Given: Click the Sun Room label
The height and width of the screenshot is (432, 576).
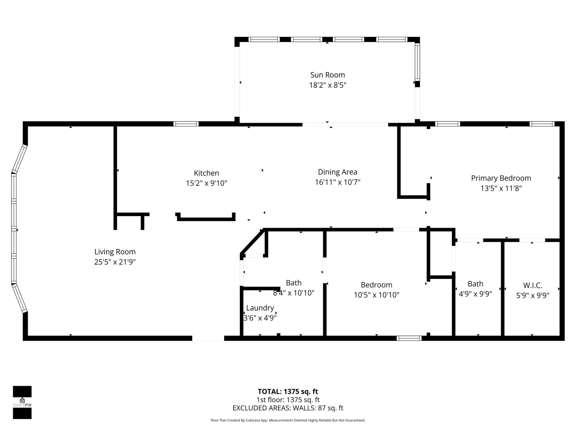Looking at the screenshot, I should (327, 75).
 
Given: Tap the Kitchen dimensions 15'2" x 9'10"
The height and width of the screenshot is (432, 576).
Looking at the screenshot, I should (206, 183).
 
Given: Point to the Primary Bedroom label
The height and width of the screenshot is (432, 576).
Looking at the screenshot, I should (501, 178).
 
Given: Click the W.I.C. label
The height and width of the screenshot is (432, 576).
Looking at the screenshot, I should (533, 285).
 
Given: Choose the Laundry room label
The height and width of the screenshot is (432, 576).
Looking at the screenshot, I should (260, 308).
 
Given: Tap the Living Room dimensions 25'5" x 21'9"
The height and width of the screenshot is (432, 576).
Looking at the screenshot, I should (115, 262).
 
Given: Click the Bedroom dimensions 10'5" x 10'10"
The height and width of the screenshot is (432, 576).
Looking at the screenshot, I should (376, 295).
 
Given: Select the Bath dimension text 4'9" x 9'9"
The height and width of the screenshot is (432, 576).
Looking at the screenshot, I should (475, 294).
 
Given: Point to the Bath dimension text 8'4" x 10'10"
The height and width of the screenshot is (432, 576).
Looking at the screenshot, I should (293, 293).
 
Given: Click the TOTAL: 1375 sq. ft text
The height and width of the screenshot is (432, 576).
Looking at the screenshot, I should (288, 392).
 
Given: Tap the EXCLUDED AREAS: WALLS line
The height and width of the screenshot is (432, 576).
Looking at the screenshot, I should (288, 408).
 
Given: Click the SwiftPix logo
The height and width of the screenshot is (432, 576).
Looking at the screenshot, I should (22, 402).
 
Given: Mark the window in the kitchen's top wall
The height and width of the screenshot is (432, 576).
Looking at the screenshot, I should (186, 124).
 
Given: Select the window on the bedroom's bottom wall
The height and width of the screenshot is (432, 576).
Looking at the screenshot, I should (409, 338).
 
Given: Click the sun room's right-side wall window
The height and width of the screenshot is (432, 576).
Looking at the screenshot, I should (417, 62).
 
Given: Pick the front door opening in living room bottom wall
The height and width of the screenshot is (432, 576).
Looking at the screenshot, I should (208, 338).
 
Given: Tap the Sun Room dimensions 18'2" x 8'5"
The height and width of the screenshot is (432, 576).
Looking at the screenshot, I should (327, 85).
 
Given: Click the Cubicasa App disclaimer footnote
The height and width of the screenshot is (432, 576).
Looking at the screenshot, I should (288, 420).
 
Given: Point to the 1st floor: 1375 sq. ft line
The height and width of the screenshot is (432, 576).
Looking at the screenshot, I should (288, 400).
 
